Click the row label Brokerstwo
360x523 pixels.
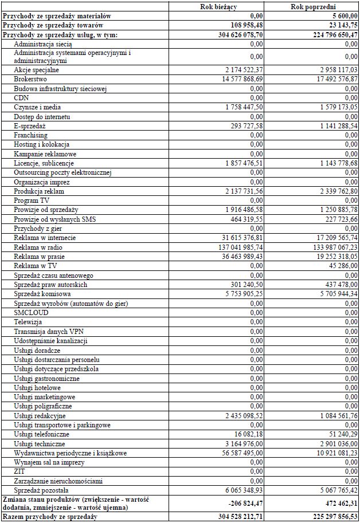pos(30,79)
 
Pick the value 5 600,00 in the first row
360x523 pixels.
pos(342,16)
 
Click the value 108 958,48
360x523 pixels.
pos(241,25)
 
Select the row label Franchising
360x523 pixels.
pos(31,135)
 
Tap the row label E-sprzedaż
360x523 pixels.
pos(30,125)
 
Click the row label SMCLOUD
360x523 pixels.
pos(32,313)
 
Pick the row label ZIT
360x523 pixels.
pos(19,471)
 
